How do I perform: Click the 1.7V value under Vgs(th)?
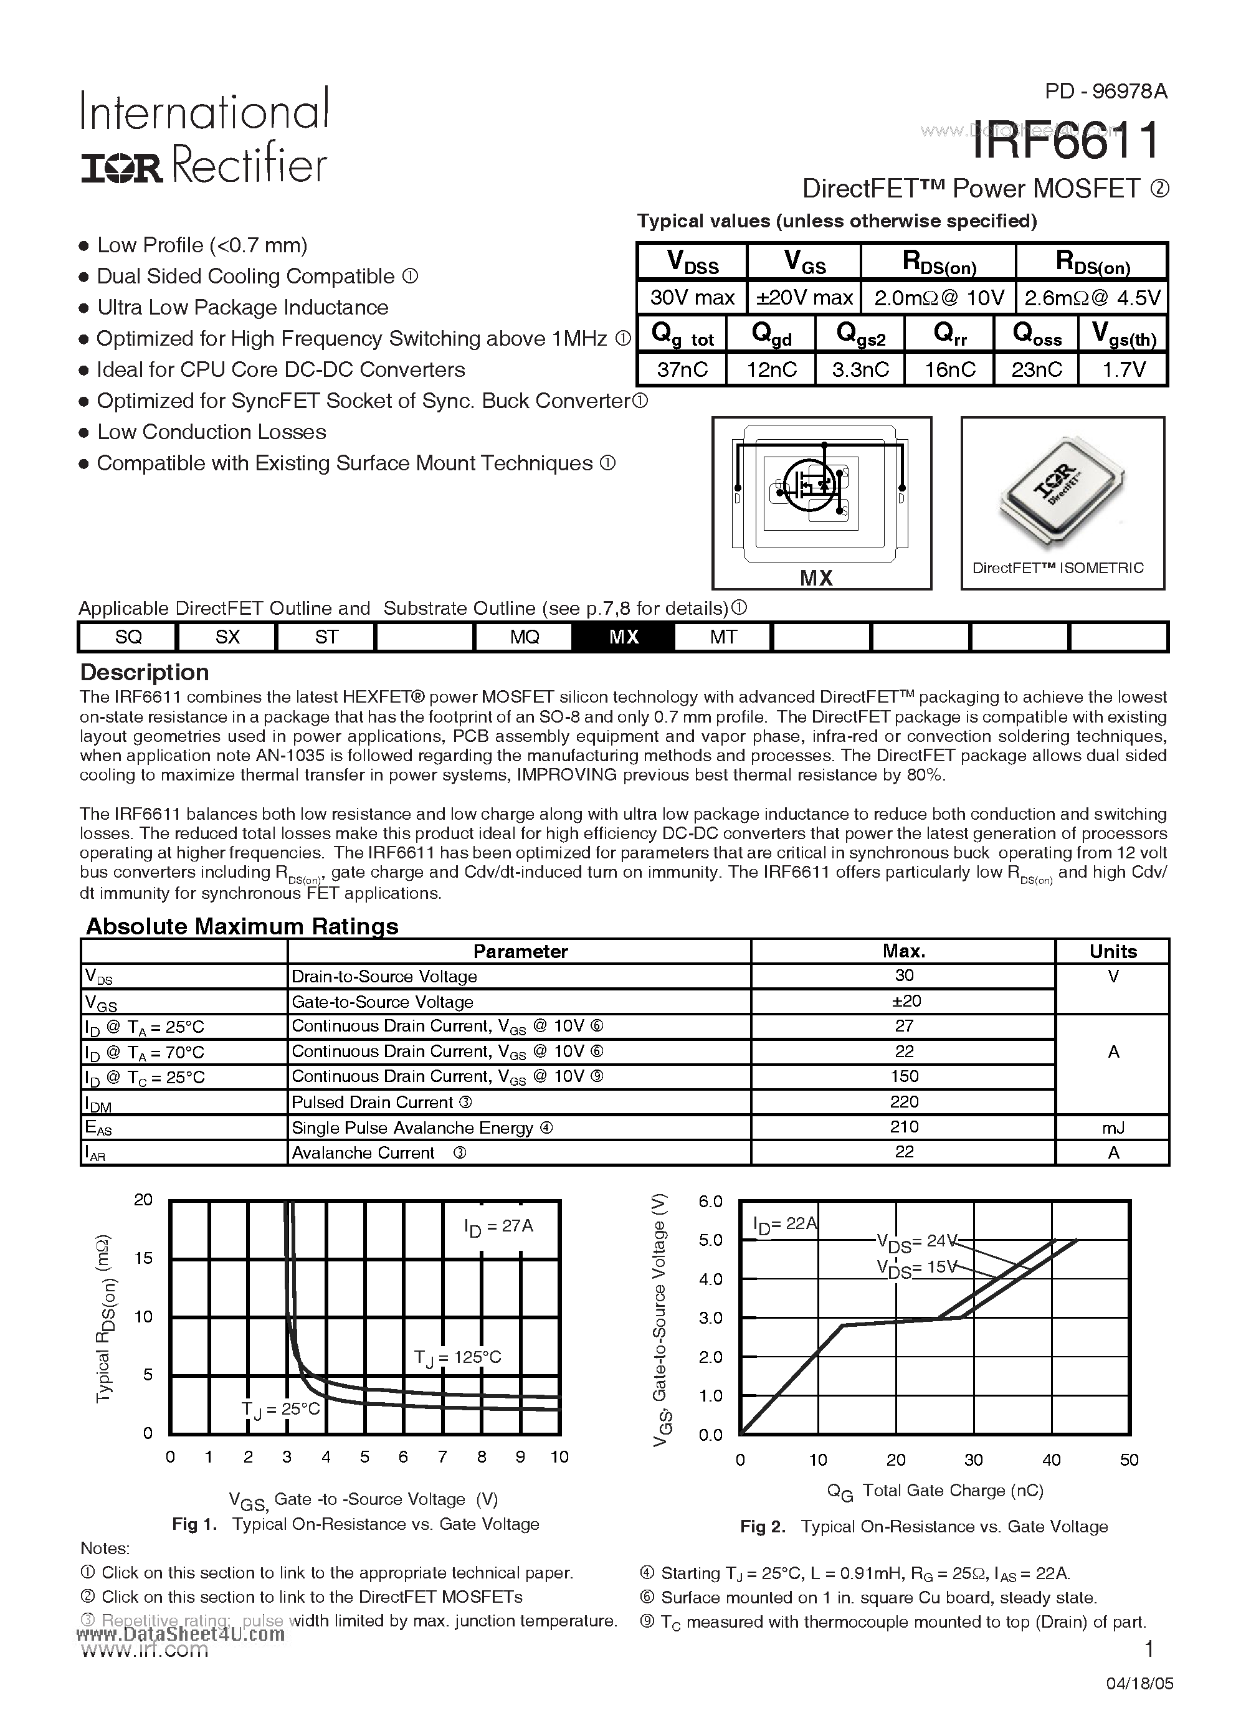(1124, 369)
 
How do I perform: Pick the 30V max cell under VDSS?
(692, 298)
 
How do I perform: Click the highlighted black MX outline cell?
(624, 637)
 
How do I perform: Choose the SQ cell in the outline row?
(128, 637)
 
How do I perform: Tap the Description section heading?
(145, 672)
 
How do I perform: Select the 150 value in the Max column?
(904, 1076)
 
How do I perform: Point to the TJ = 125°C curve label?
(457, 1357)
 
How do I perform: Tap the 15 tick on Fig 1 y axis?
(143, 1258)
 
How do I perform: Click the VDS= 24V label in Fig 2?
(916, 1240)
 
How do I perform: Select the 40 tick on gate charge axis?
(1051, 1460)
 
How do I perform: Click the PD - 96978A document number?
(1106, 92)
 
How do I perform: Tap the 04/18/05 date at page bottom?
(1139, 1684)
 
